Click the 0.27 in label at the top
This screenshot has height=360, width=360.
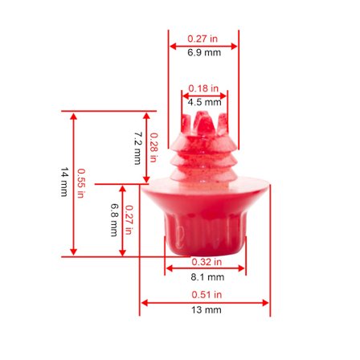[x=202, y=39]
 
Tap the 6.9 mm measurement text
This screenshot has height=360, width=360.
[x=204, y=52]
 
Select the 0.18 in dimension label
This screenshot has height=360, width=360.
[x=203, y=88]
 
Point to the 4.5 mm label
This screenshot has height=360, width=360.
[x=204, y=102]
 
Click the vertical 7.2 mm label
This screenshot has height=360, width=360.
[x=138, y=148]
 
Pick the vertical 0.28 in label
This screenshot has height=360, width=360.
[x=153, y=148]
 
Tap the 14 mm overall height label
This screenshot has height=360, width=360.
[x=64, y=182]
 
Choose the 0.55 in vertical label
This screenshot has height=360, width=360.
[x=80, y=183]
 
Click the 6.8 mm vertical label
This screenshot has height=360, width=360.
[x=114, y=220]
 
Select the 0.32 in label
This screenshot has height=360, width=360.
[x=207, y=262]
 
